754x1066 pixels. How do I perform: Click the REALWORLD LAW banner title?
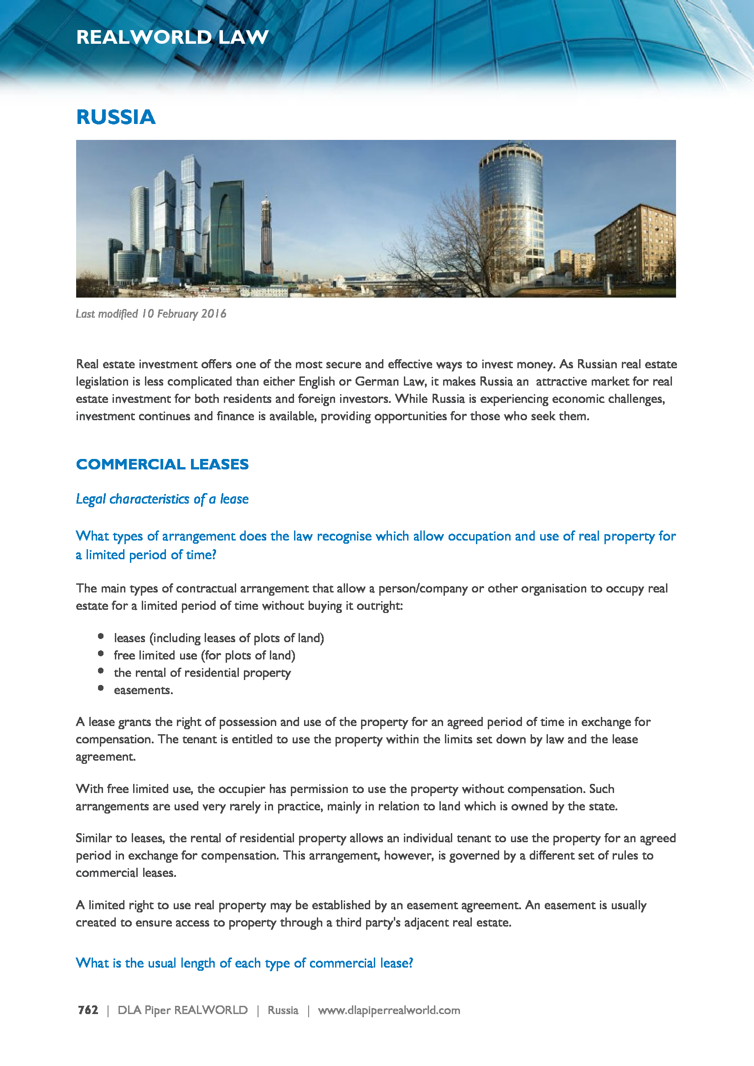(172, 37)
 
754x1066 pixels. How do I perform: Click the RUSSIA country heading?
(116, 117)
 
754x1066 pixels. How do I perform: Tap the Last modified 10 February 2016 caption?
(151, 314)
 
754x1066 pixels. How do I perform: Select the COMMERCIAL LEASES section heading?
(162, 464)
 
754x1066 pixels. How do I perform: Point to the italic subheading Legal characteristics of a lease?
(162, 499)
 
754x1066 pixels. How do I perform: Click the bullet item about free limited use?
(204, 655)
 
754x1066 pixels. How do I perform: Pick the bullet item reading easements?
(143, 690)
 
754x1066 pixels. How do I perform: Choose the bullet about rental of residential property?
(202, 673)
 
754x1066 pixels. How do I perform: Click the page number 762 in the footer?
(88, 1010)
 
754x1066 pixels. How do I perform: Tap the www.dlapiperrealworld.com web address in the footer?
(388, 1010)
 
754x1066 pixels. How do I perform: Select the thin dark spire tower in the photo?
(266, 237)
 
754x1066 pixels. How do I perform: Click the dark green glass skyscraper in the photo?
(227, 232)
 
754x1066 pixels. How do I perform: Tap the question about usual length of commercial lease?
(244, 963)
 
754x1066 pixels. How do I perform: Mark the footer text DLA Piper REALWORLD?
(182, 1010)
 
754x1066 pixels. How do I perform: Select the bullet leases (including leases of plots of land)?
(219, 638)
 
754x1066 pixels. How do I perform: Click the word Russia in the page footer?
(283, 1010)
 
